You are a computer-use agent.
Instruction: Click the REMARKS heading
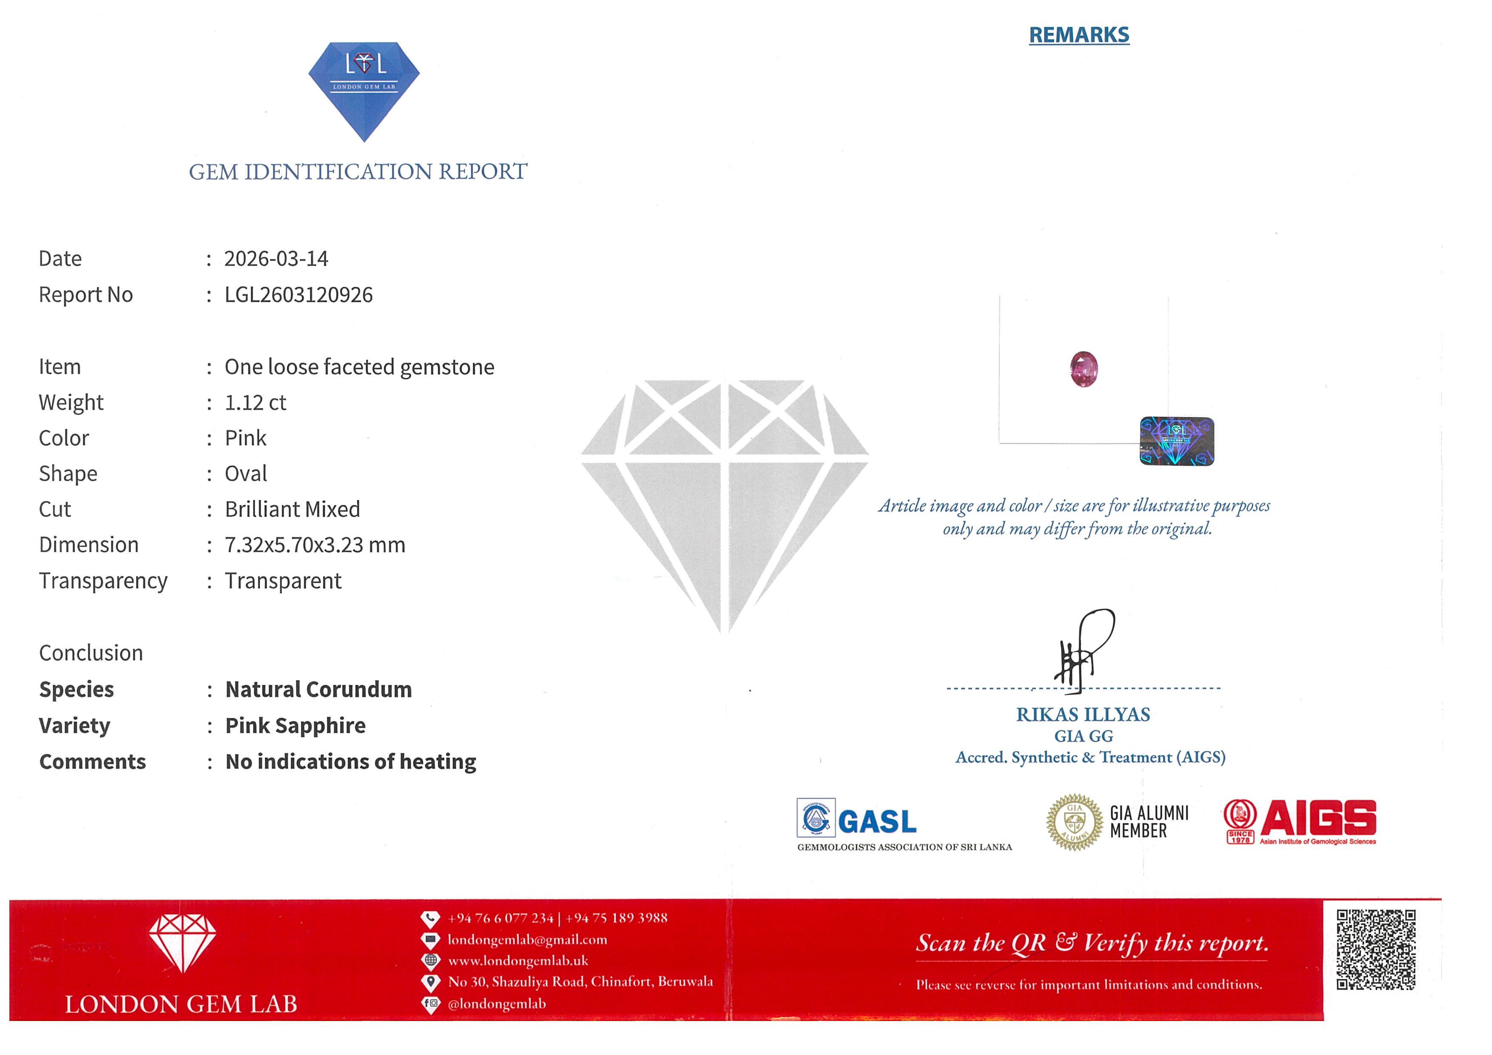(1079, 35)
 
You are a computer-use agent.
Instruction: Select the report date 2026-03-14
(276, 258)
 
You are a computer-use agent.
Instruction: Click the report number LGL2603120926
(298, 295)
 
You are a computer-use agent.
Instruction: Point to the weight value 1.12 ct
(255, 403)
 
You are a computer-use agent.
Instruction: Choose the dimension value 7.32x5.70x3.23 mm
(315, 545)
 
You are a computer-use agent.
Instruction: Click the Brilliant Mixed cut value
(292, 509)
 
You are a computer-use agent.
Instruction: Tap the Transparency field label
(103, 581)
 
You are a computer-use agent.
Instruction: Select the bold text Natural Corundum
(318, 689)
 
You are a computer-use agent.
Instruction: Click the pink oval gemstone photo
(1084, 369)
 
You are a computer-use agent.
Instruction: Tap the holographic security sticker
(1177, 441)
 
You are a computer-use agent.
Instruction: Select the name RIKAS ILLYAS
(1083, 715)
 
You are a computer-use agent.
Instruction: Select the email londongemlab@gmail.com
(527, 939)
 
